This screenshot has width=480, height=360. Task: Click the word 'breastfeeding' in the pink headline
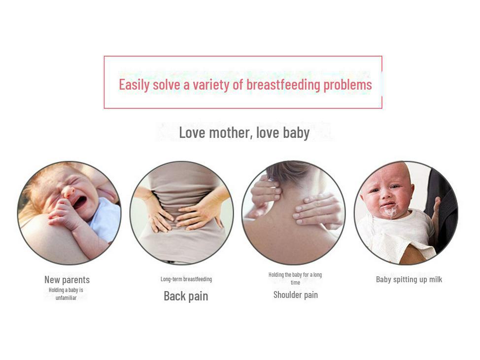point(283,85)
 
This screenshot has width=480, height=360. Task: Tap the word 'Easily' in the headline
point(134,85)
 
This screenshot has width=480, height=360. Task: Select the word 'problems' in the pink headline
point(348,85)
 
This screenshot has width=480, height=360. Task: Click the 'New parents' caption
point(67,280)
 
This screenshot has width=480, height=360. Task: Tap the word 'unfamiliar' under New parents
point(66,297)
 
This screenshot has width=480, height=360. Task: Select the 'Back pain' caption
point(186,296)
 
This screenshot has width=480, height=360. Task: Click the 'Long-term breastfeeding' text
point(186,279)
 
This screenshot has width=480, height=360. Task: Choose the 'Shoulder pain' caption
point(295,295)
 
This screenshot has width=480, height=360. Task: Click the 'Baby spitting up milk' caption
point(409,279)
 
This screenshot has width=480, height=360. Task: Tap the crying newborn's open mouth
point(80,202)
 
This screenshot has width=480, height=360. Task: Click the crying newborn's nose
point(68,192)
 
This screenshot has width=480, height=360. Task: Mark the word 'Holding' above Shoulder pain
point(276,275)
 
